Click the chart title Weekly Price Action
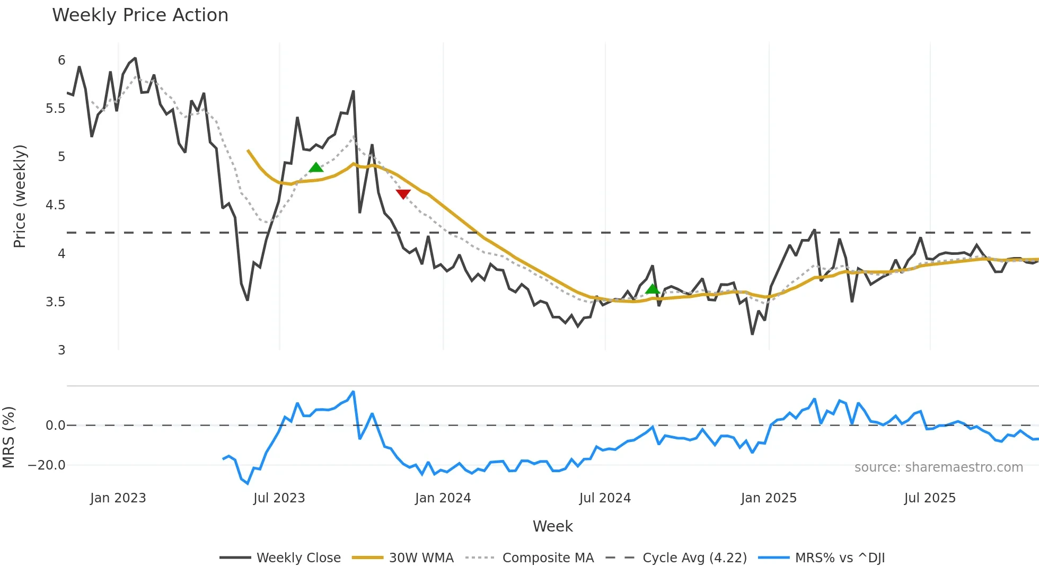140,15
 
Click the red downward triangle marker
403,194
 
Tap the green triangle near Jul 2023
316,167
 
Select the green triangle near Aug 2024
653,289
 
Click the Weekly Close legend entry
280,558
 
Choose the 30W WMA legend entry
403,558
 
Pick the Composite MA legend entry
530,558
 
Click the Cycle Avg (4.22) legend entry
676,558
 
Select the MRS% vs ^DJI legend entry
822,558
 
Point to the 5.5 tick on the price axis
55,109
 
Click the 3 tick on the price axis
61,350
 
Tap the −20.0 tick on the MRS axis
47,465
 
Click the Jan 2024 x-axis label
443,498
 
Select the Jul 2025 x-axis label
930,498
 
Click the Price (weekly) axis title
20,196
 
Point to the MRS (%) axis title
8,437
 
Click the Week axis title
552,526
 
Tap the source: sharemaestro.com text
938,467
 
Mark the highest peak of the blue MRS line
354,392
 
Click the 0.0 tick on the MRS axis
55,426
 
